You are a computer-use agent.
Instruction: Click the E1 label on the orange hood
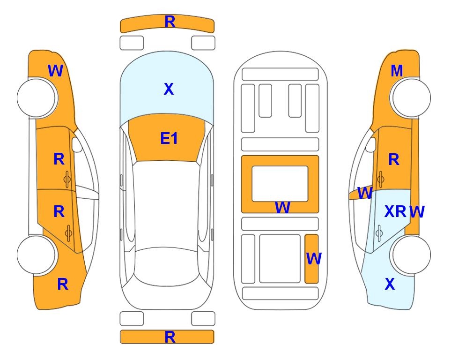(x=169, y=138)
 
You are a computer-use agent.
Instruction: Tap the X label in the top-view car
(x=169, y=89)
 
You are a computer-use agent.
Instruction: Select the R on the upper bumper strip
(x=170, y=22)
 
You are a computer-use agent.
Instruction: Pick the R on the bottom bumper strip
(x=170, y=337)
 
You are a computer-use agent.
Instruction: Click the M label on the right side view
(x=397, y=71)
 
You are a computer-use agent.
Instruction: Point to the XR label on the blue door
(x=395, y=211)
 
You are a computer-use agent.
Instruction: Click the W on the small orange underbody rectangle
(x=314, y=259)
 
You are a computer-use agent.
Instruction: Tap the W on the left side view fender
(x=56, y=71)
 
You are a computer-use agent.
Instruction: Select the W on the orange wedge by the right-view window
(x=365, y=193)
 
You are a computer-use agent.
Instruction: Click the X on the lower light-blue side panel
(x=390, y=284)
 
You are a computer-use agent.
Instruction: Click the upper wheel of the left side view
(x=37, y=98)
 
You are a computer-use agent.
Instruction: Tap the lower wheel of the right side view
(x=411, y=255)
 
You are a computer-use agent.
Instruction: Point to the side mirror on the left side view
(x=76, y=144)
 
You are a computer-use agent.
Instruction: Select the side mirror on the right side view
(x=371, y=144)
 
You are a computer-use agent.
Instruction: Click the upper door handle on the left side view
(x=67, y=180)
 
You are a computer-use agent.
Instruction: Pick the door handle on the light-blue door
(x=379, y=233)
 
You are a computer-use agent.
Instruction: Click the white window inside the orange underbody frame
(x=280, y=184)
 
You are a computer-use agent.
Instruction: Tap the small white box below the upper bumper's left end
(x=132, y=43)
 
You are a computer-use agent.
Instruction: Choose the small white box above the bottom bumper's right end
(x=203, y=319)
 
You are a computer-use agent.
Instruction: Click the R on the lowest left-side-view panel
(x=63, y=284)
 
